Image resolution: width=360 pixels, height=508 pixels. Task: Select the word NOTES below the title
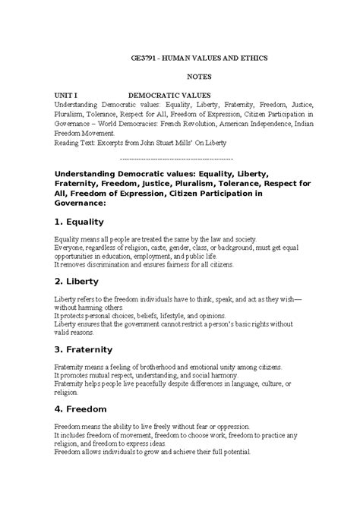[201, 77]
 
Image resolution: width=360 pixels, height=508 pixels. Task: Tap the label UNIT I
[67, 96]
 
